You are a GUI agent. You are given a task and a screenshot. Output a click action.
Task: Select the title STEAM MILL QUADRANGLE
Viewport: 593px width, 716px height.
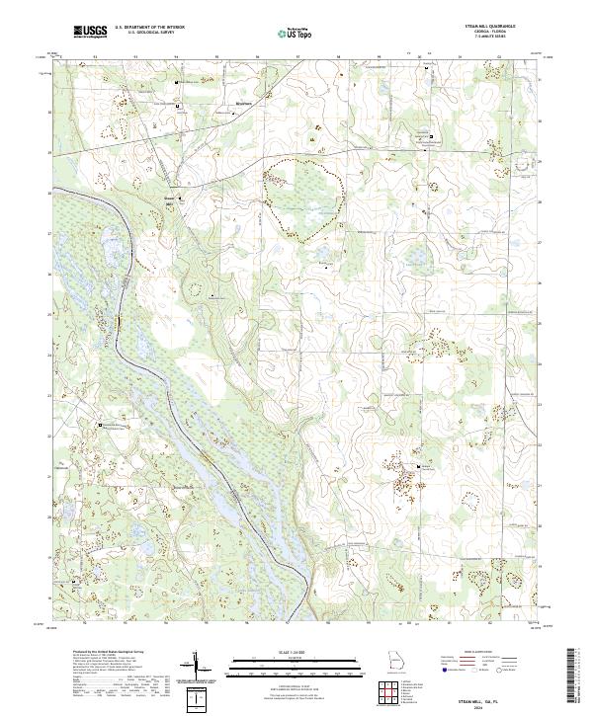tap(488, 26)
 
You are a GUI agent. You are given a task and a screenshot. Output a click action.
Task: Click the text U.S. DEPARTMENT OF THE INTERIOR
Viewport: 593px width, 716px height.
tap(147, 28)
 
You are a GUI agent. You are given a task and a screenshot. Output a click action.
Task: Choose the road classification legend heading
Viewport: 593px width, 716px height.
tap(480, 654)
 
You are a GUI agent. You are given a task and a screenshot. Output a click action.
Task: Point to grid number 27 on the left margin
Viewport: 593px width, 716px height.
tap(49, 234)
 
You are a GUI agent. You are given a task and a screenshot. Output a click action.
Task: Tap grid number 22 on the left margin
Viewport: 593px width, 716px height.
tap(49, 436)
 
